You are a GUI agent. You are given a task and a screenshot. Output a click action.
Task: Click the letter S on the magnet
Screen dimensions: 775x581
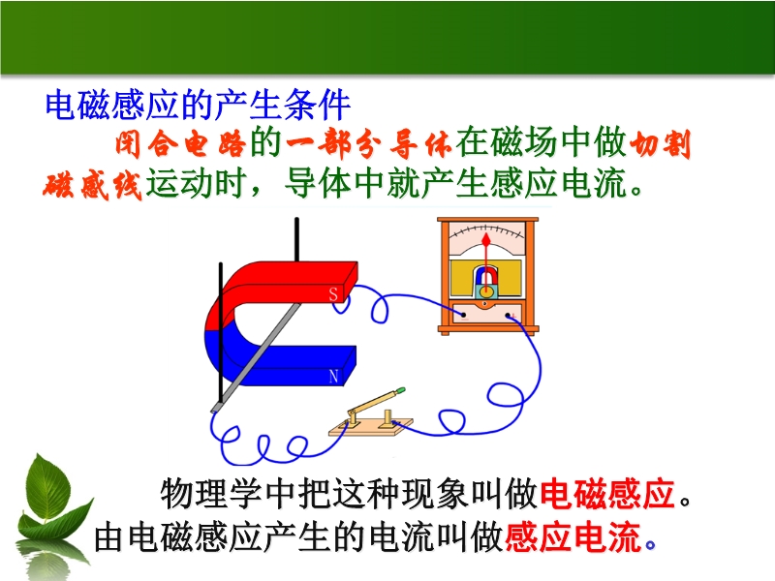click(333, 294)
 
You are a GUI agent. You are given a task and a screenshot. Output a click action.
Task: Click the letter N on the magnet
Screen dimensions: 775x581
click(333, 377)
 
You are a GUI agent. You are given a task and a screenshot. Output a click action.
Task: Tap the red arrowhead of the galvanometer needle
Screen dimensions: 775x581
click(486, 240)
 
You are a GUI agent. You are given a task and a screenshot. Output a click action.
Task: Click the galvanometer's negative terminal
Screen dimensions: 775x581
click(464, 315)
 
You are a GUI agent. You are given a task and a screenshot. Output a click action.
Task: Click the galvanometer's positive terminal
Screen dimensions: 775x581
click(508, 315)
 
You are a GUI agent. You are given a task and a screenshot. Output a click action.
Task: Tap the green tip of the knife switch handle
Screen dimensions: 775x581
click(401, 391)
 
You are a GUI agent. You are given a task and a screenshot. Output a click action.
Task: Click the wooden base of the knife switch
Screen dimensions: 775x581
click(371, 427)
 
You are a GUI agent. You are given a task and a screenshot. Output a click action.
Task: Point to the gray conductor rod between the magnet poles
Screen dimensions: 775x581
click(256, 358)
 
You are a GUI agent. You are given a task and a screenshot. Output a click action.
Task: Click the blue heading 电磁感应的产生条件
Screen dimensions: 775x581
click(198, 106)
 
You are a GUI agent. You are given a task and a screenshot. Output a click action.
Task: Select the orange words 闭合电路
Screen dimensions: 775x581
click(180, 143)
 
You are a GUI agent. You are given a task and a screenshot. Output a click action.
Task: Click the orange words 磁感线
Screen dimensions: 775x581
click(92, 185)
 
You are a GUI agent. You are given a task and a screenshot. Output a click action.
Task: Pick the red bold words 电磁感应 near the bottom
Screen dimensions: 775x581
click(607, 493)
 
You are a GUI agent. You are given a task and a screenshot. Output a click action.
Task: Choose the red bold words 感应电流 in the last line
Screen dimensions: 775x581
click(573, 537)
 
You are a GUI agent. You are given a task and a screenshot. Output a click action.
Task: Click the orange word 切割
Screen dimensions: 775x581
click(661, 143)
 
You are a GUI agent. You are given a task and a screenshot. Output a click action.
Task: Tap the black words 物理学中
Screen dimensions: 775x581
click(228, 493)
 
